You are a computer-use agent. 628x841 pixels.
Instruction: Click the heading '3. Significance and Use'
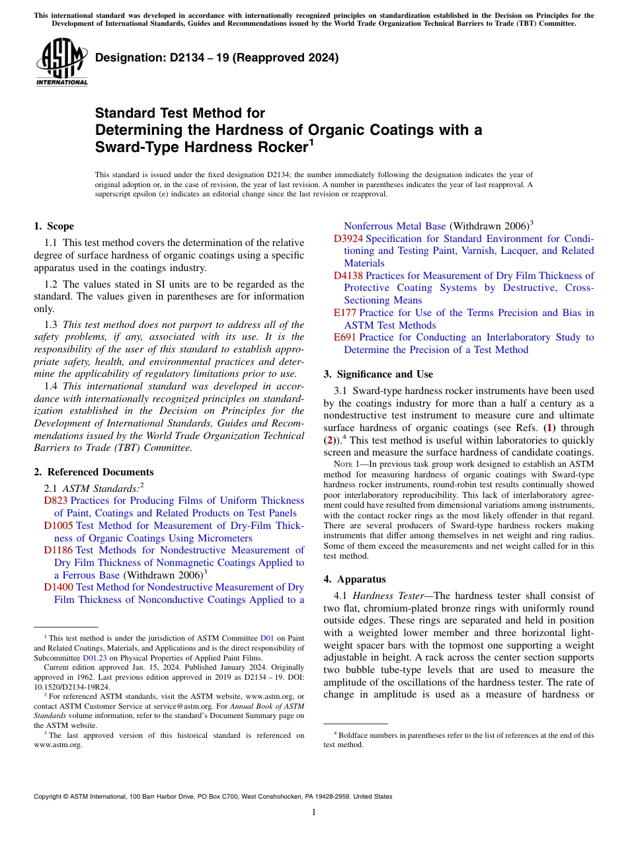coord(378,374)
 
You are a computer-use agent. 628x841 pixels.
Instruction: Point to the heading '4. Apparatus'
coord(354,579)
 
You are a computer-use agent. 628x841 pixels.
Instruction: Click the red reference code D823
coord(56,501)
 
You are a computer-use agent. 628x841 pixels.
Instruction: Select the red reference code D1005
coord(59,526)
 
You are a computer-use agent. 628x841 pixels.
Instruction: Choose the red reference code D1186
coord(59,550)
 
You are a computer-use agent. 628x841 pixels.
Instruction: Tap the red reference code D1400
coord(59,587)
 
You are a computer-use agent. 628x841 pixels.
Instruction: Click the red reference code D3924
coord(348,239)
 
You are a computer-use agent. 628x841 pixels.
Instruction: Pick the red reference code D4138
coord(348,276)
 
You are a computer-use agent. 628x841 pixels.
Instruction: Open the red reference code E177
coord(345,313)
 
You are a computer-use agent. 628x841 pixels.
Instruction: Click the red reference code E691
coord(345,337)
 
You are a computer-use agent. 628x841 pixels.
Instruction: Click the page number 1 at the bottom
coord(314,813)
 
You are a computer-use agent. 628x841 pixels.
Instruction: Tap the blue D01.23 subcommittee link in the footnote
coord(93,659)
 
